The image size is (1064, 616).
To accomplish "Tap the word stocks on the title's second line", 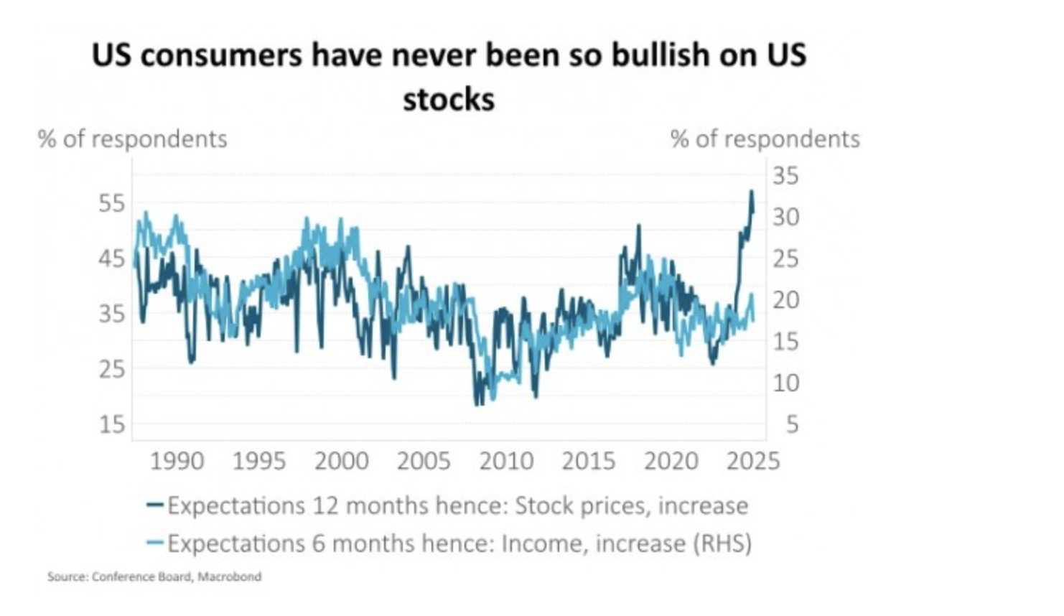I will tap(449, 100).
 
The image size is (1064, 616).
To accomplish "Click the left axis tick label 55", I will tap(111, 203).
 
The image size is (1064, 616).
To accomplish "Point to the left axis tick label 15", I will tap(111, 424).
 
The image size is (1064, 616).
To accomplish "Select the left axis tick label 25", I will tap(111, 369).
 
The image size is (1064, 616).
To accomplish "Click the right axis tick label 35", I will tap(785, 175).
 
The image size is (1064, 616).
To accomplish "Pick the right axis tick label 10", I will tap(785, 383).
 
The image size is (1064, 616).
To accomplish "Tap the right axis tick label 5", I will tap(792, 424).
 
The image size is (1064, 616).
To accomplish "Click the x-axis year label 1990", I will tap(177, 461).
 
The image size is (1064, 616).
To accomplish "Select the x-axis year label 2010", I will tap(506, 461).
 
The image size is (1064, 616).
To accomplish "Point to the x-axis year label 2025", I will tap(752, 461).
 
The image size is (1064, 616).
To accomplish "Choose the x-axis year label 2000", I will tap(341, 461).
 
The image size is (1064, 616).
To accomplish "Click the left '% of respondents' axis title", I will tap(133, 139).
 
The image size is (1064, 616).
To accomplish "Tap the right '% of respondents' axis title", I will tap(765, 139).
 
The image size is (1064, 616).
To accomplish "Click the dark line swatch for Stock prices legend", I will tap(154, 505).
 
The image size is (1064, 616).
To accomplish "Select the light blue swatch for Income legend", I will tap(154, 543).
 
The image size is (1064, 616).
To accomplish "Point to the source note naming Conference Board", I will tap(154, 577).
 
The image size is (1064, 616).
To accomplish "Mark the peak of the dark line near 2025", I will tap(751, 191).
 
